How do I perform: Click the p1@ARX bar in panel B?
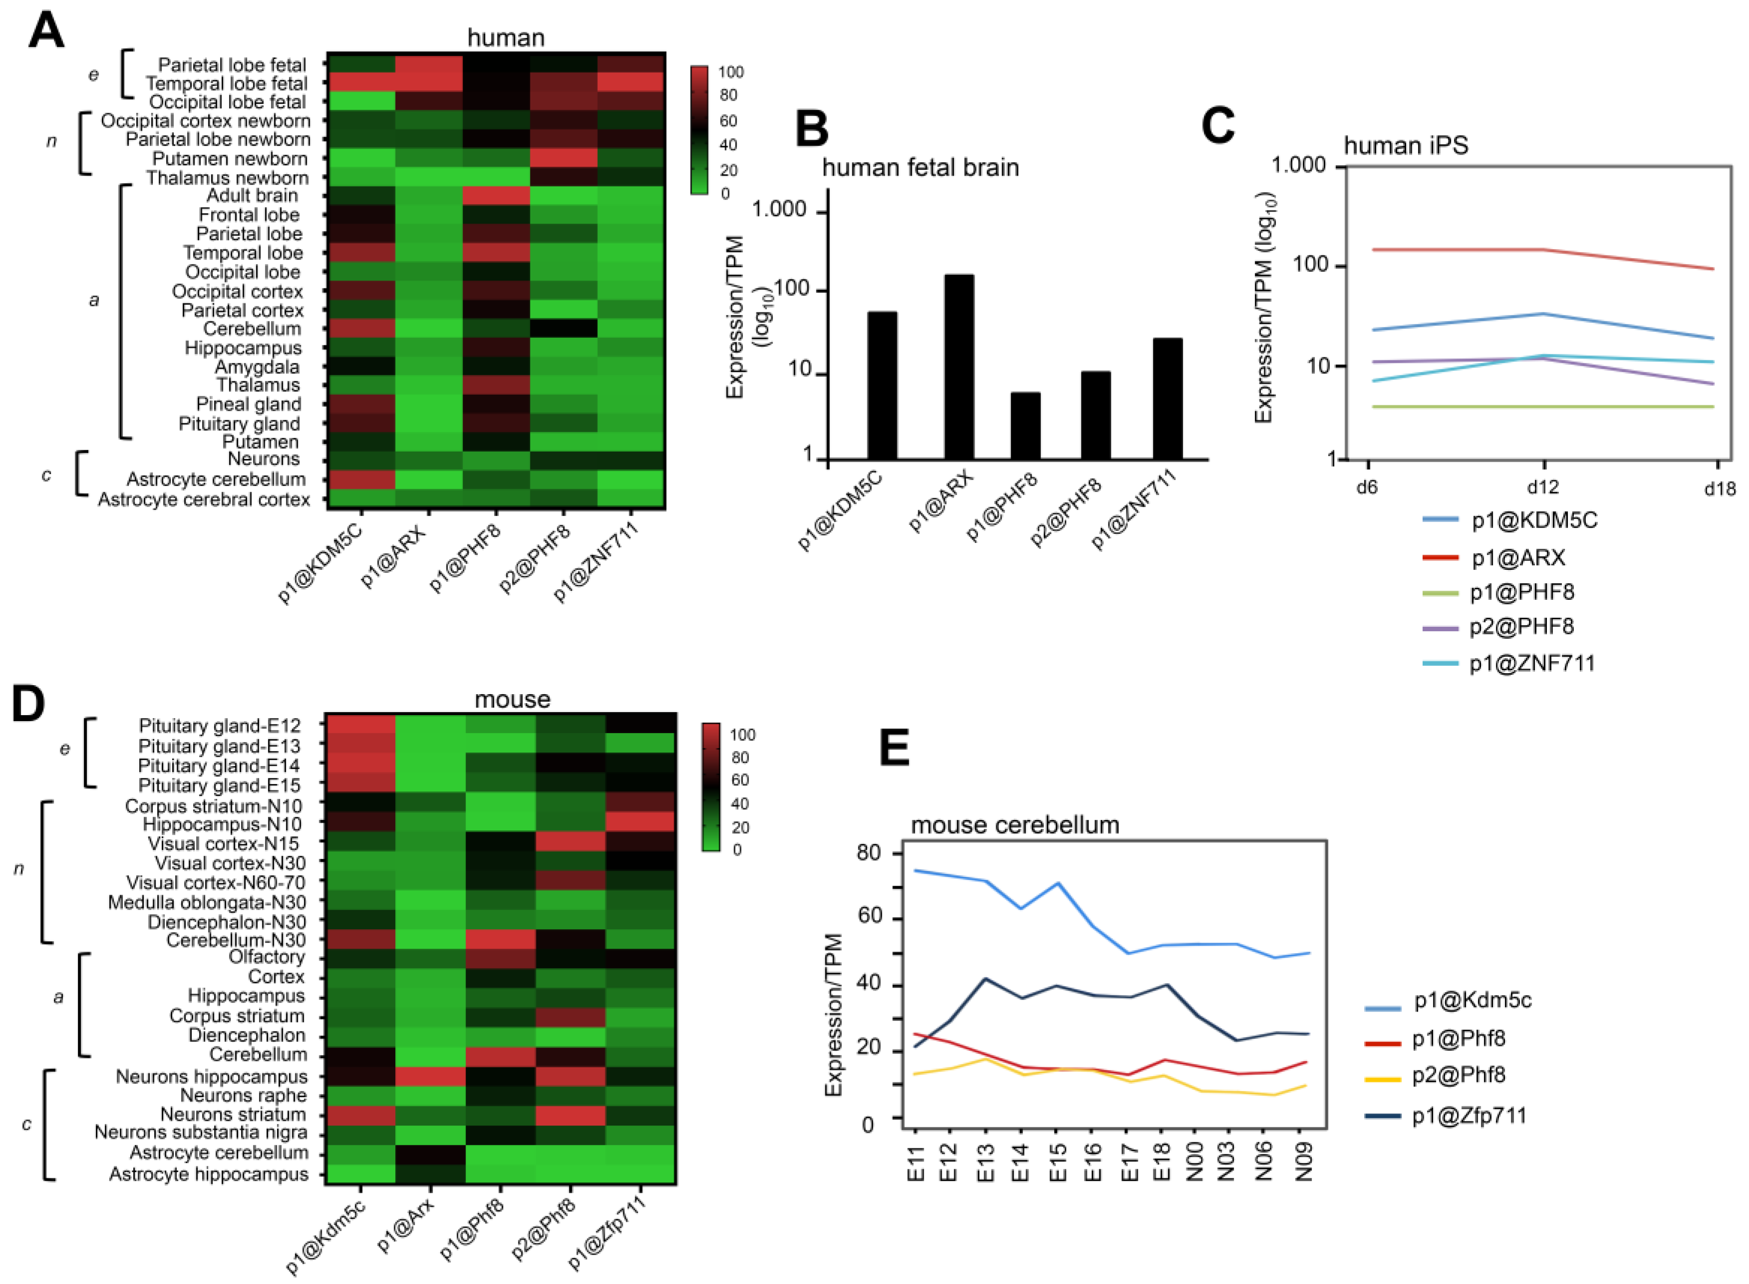[958, 366]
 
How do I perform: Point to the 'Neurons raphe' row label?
[243, 1095]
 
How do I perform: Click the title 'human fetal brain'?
[920, 167]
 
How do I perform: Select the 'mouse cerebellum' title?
[1015, 825]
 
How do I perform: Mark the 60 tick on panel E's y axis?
[869, 918]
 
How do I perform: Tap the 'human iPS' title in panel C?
[1406, 145]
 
